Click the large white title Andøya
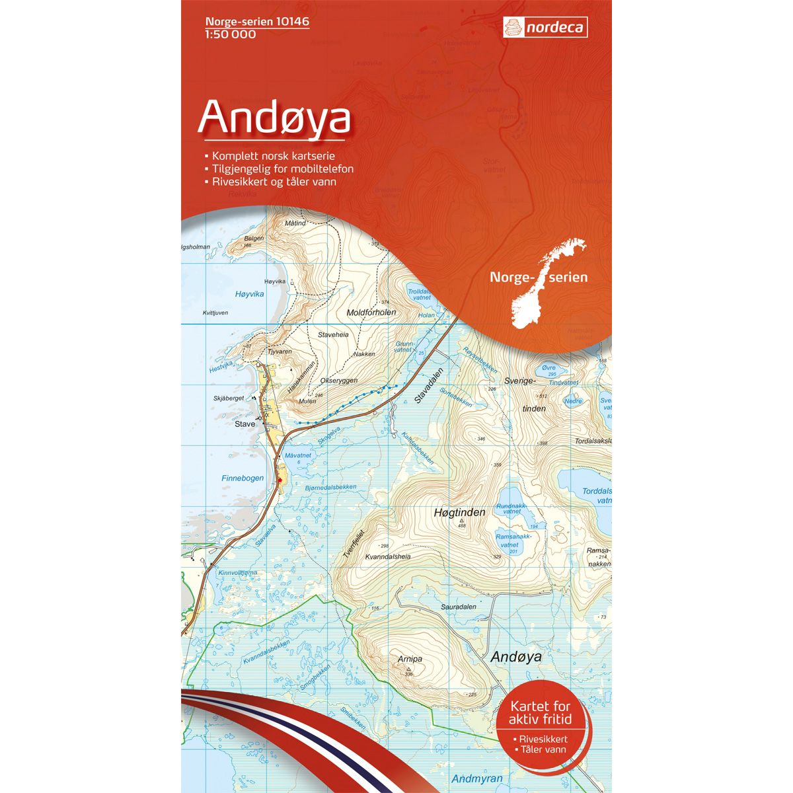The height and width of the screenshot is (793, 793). click(275, 117)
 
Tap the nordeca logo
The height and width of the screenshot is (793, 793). click(545, 28)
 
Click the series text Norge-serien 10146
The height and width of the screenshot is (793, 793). click(248, 22)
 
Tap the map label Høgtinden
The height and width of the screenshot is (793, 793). click(460, 512)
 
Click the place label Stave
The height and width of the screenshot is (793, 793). click(245, 424)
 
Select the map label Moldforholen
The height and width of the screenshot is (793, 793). click(371, 312)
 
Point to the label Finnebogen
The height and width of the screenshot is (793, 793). click(243, 478)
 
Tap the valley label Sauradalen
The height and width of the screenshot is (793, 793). click(458, 606)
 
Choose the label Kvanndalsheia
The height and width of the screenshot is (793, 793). click(388, 556)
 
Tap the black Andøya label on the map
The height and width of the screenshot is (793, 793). click(516, 656)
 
